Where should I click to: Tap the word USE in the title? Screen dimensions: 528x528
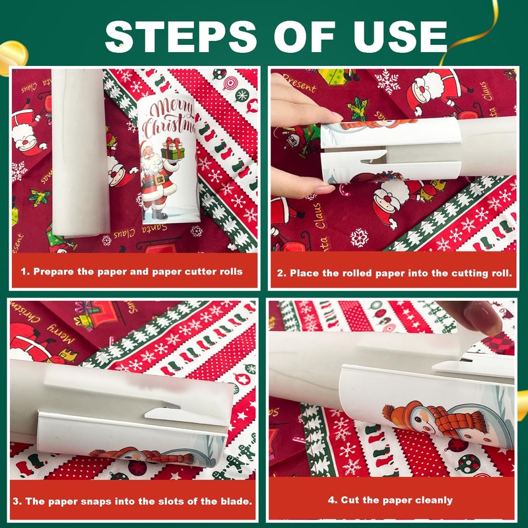coord(401,37)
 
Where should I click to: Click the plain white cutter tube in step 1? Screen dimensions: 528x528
coord(80,152)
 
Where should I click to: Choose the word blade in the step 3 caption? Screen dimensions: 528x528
coord(236,502)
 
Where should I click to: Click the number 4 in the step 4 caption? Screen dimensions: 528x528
coord(332,500)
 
